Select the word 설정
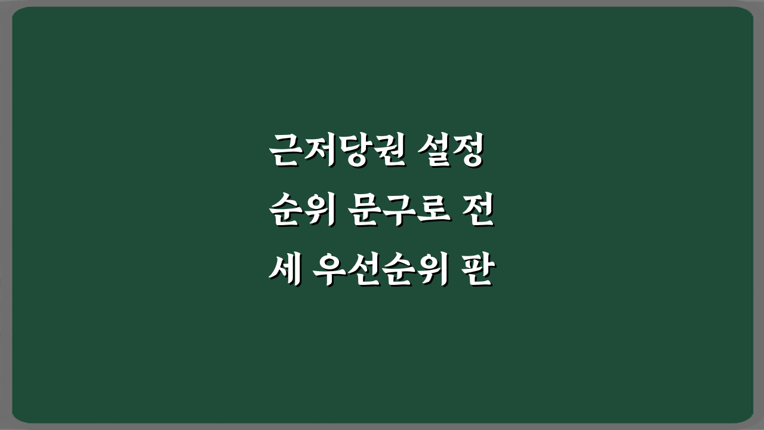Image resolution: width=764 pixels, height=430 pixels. [452, 153]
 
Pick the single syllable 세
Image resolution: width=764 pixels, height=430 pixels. [283, 273]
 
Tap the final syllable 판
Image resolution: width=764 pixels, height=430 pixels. [476, 273]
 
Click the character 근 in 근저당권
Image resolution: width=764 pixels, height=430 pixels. [284, 153]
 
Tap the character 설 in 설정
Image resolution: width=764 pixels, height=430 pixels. [436, 153]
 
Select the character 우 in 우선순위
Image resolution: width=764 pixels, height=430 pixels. [332, 273]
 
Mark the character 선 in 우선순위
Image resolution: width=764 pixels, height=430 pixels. [363, 273]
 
